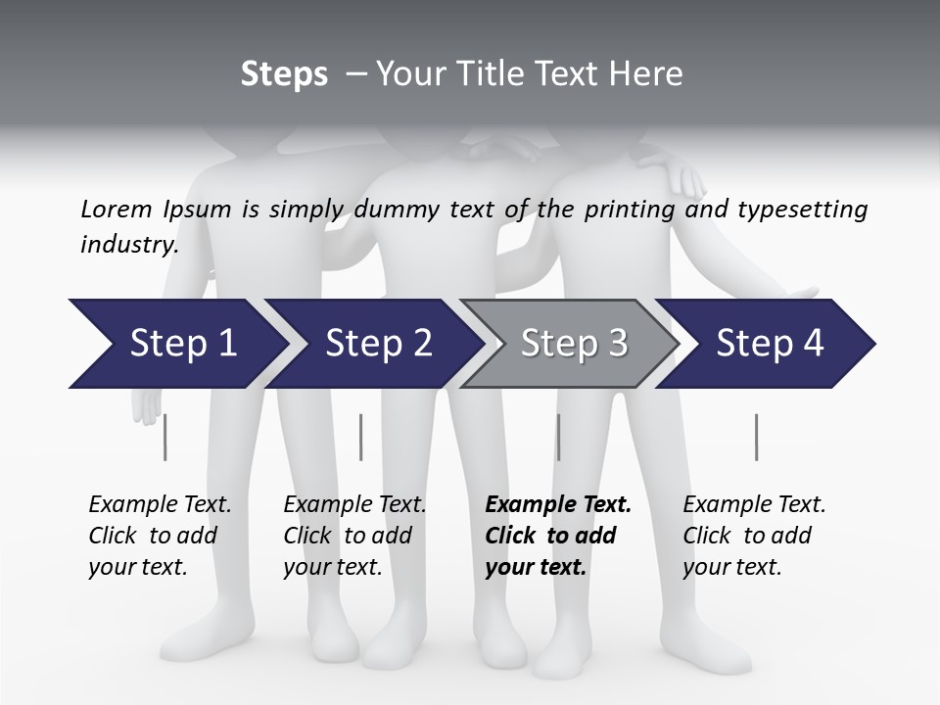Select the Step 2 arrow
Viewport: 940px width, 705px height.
(377, 344)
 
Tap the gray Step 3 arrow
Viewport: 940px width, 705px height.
(572, 344)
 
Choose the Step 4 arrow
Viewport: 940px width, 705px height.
(770, 344)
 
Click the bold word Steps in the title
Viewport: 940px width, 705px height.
(284, 73)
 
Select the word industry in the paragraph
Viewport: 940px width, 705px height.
(127, 244)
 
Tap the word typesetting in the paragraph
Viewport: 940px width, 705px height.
(802, 210)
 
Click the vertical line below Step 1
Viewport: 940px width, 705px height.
(165, 437)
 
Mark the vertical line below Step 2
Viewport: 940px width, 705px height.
(361, 437)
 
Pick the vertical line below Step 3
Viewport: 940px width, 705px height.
(558, 437)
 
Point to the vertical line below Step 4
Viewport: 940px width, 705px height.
(757, 437)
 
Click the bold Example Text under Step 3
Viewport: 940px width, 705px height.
(558, 504)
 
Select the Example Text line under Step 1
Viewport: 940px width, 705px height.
(160, 504)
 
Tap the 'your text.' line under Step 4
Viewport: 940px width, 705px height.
(731, 567)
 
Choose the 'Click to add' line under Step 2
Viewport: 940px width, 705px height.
(348, 536)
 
